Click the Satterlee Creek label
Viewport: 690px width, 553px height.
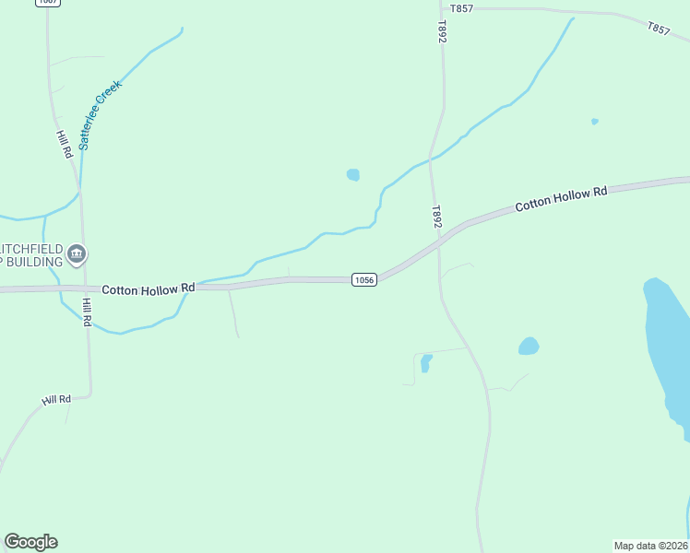coord(100,115)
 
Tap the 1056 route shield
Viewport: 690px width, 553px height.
coord(363,279)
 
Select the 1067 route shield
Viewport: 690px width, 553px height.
coord(49,3)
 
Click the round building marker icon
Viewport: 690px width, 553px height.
coord(77,253)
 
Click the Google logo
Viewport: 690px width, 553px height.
coord(30,542)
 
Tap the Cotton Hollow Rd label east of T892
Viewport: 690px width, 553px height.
coord(561,198)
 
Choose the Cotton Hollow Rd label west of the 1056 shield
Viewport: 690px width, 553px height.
coord(148,288)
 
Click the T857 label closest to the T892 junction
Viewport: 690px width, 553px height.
coord(460,8)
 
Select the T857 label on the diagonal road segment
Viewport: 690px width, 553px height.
coord(659,29)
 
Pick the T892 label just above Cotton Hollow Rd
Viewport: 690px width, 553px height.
coord(438,218)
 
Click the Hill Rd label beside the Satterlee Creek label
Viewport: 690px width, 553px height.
coord(64,145)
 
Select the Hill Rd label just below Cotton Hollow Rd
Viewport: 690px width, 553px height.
coord(87,312)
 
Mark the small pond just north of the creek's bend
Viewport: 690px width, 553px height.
coord(352,174)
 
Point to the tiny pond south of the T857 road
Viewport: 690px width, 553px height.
coord(595,121)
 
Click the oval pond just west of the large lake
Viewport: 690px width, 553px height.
coord(529,347)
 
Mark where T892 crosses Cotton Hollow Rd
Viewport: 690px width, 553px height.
coord(441,242)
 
